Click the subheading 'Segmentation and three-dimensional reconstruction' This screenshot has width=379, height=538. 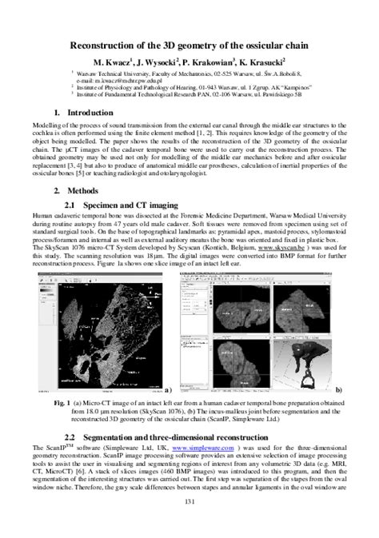[x=184, y=437]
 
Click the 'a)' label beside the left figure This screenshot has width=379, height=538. [x=170, y=389]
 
